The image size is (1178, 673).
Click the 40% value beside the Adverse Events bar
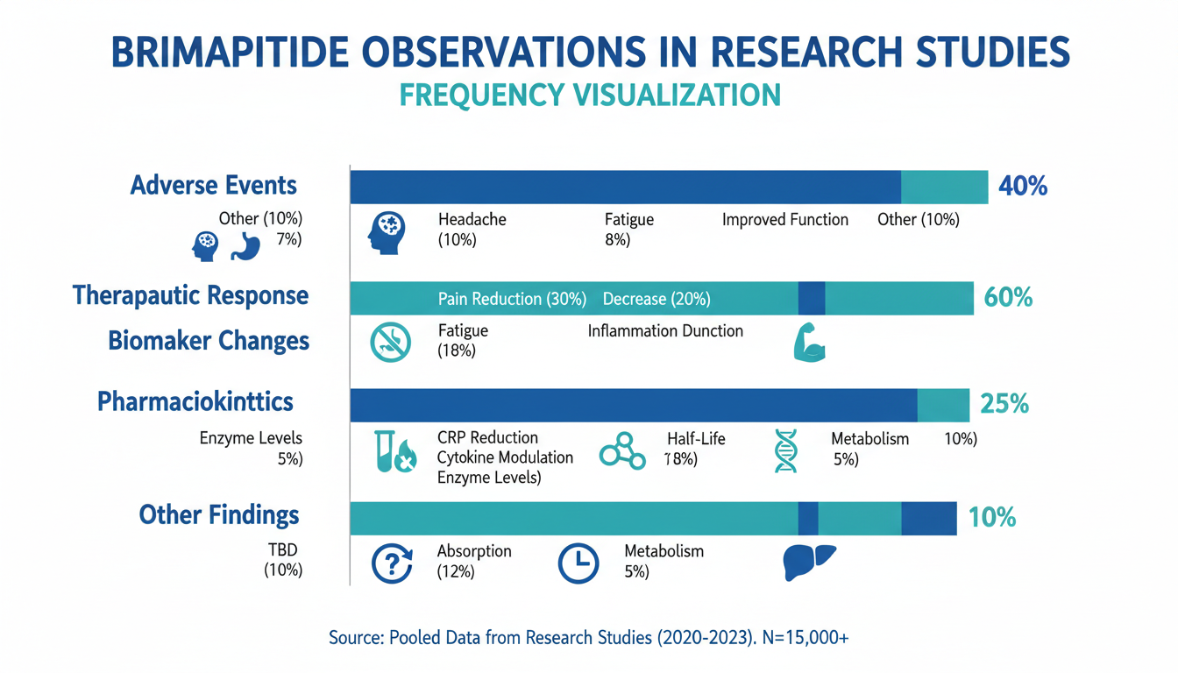coord(1022,187)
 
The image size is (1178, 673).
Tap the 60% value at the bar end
coord(1008,297)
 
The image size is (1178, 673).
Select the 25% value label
coord(1004,404)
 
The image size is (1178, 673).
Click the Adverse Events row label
coord(213,186)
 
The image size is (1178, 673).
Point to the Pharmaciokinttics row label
coord(195,402)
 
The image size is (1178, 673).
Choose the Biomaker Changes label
coord(209,340)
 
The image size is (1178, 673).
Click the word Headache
coord(472,220)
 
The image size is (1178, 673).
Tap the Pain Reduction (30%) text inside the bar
coord(512,299)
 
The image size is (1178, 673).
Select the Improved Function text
coord(784,220)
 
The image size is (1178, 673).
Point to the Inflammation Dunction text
coord(665,331)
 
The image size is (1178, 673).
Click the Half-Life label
coord(696,439)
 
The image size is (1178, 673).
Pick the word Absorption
coord(474,552)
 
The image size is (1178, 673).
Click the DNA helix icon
coord(786,450)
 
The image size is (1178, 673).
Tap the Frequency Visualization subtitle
coord(589,95)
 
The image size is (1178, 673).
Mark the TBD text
coord(282,551)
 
